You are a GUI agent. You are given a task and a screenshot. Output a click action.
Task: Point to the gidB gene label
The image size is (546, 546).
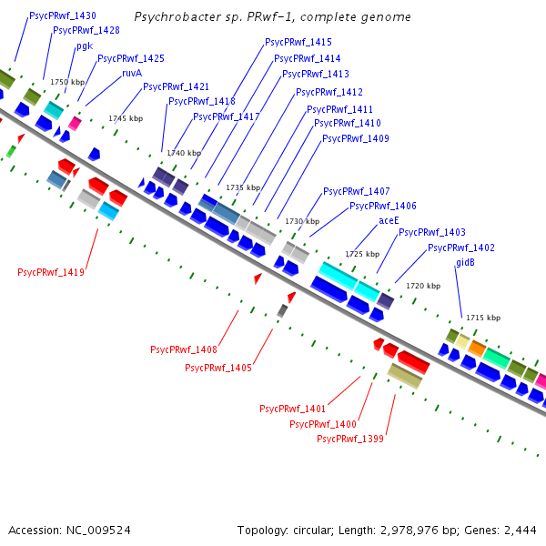(465, 262)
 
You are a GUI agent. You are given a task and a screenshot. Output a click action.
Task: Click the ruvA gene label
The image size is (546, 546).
(132, 73)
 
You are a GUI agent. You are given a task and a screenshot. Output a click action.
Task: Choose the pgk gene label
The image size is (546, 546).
(85, 45)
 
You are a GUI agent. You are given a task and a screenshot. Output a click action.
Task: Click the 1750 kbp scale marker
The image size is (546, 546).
(67, 82)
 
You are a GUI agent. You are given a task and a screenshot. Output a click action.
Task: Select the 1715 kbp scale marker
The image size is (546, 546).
(483, 318)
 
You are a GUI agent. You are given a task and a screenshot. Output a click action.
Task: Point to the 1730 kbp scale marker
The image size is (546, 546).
(302, 221)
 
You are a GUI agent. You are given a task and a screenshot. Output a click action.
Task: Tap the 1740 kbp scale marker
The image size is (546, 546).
(184, 153)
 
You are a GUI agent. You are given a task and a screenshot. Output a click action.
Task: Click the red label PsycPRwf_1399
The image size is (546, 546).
(350, 439)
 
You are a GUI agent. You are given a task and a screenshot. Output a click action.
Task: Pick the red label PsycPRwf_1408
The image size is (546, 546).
(184, 349)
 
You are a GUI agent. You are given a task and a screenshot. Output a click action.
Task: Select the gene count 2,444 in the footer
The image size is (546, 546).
(521, 530)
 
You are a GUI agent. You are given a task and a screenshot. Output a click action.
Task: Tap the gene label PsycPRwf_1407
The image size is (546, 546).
(357, 191)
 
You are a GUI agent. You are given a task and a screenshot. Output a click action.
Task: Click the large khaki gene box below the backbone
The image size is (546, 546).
(405, 376)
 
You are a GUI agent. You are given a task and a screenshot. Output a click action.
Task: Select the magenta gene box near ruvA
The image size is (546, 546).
(75, 123)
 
